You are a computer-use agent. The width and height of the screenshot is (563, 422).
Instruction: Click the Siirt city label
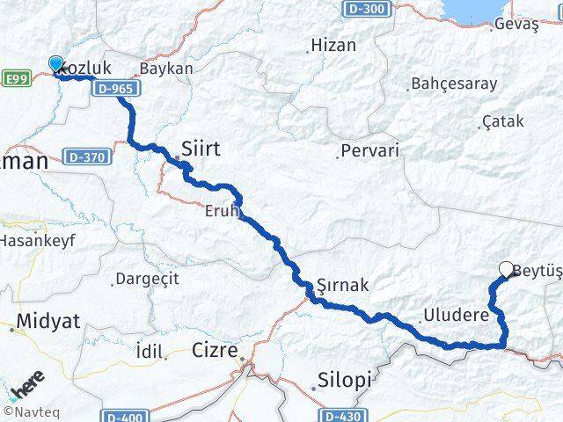point(201,149)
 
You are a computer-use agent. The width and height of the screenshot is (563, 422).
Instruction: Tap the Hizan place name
point(333,46)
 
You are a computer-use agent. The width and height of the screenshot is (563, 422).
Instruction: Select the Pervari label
point(369,150)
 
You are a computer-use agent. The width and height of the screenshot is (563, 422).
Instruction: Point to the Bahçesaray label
point(454,84)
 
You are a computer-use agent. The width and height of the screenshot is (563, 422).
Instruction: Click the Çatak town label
point(503,122)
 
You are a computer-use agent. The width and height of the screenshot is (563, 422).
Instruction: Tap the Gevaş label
point(516,25)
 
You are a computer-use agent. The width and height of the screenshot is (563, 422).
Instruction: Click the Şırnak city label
point(343,285)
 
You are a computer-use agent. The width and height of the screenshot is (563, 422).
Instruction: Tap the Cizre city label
point(215,351)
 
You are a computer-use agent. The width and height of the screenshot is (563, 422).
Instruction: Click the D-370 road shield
point(84,156)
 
